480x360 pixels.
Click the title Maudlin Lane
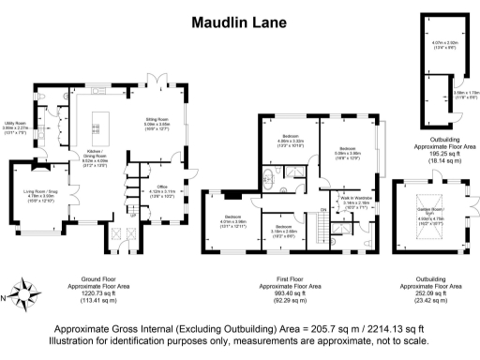239,20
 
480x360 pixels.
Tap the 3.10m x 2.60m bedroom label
284,230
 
